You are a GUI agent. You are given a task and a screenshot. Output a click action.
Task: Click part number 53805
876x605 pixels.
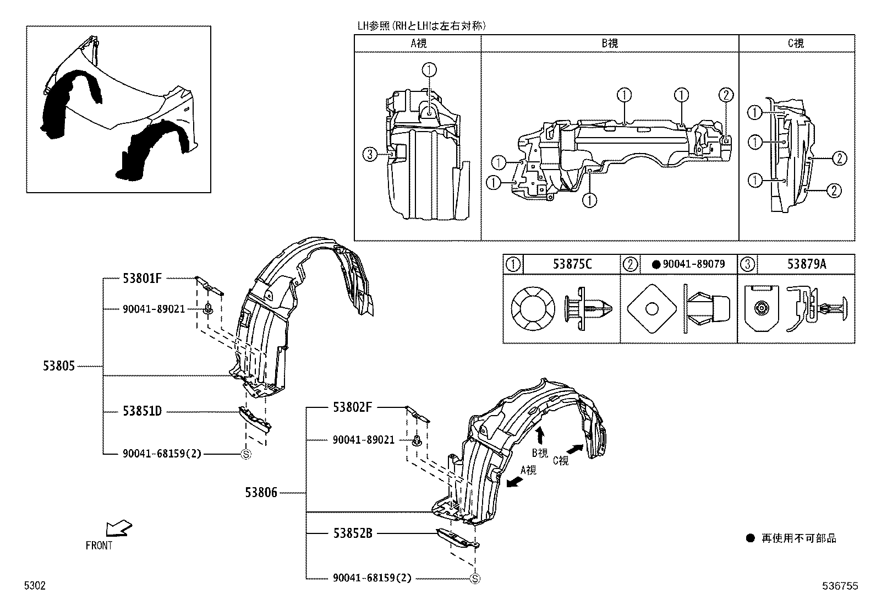pyautogui.click(x=58, y=366)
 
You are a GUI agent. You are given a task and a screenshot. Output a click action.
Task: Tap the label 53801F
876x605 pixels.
pyautogui.click(x=142, y=278)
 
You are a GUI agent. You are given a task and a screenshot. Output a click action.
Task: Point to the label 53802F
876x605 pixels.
pyautogui.click(x=352, y=407)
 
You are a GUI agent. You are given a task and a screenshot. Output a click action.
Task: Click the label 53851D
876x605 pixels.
pyautogui.click(x=142, y=411)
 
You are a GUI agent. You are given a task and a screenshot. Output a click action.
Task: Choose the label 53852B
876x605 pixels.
pyautogui.click(x=352, y=533)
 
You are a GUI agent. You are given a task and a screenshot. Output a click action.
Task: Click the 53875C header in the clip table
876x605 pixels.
pyautogui.click(x=572, y=264)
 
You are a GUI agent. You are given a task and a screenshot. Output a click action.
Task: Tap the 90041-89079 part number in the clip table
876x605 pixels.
pyautogui.click(x=693, y=264)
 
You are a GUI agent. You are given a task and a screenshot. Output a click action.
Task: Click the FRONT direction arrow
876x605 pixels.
pyautogui.click(x=119, y=528)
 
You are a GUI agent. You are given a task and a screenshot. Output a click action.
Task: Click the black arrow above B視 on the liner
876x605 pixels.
pyautogui.click(x=540, y=435)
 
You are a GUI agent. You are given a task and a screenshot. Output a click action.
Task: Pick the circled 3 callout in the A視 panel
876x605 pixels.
pyautogui.click(x=370, y=155)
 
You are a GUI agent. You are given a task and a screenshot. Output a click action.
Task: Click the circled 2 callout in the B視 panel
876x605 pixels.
pyautogui.click(x=726, y=95)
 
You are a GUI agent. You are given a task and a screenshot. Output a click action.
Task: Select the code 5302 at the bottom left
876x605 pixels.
pyautogui.click(x=34, y=586)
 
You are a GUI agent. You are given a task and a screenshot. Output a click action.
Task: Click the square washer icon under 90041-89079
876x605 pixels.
pyautogui.click(x=651, y=309)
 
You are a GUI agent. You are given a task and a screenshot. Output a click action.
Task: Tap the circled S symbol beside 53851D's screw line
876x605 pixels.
pyautogui.click(x=246, y=454)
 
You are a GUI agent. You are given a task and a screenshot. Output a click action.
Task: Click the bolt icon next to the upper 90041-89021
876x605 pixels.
pyautogui.click(x=209, y=309)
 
